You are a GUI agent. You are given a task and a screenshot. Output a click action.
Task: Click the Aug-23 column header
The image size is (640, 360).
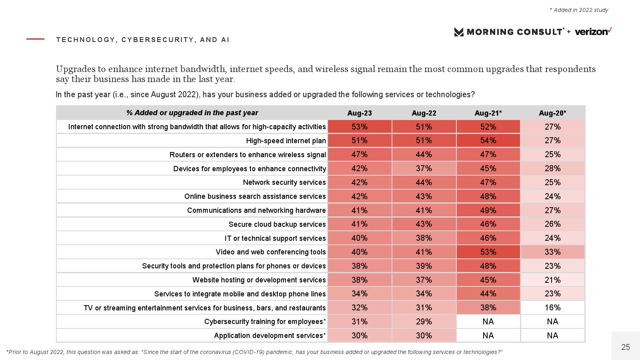point(360,113)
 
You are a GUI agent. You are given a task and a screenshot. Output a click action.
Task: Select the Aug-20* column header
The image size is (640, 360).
point(552,113)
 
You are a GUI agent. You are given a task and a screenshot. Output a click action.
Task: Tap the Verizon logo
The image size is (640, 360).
point(593,32)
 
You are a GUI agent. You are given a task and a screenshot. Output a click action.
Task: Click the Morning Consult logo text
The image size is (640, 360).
point(514,32)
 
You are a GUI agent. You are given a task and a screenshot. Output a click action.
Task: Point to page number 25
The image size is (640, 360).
point(626,347)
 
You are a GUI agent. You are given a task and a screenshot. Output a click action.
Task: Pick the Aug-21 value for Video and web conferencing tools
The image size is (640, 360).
point(488,252)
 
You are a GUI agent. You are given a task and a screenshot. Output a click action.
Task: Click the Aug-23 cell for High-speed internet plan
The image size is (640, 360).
point(360,140)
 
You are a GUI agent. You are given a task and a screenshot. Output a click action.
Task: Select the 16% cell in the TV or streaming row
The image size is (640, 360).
point(552,308)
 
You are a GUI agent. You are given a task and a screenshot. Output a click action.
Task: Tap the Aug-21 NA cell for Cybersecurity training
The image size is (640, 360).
point(488,322)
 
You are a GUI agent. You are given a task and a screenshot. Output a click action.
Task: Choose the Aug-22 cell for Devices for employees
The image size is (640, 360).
point(424,168)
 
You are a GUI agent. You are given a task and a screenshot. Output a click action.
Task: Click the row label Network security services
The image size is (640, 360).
point(284,182)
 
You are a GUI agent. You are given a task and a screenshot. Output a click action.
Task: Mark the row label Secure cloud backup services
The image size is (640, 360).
point(277,224)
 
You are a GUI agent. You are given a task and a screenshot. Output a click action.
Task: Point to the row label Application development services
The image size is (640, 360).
point(270,336)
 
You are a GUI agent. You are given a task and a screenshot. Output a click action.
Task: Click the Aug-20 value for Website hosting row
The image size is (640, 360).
point(552,280)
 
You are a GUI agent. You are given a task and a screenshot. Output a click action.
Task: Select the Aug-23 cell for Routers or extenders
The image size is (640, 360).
point(360,154)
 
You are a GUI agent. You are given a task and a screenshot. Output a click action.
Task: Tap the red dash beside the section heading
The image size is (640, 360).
point(35,39)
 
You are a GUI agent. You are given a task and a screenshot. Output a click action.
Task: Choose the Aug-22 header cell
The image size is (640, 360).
point(424,113)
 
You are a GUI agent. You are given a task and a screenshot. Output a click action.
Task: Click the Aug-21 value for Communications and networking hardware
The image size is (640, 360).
point(488,210)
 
